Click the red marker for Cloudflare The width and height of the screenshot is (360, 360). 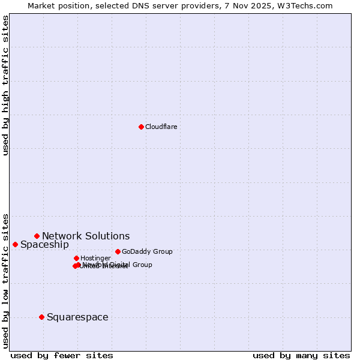[x=141, y=127]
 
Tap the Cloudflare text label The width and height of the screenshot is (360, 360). [x=161, y=127]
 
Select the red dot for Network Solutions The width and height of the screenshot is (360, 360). [x=37, y=236]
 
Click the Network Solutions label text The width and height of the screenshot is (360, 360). [x=86, y=236]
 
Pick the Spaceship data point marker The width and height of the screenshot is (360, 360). [x=15, y=244]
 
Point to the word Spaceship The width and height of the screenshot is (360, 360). [x=44, y=244]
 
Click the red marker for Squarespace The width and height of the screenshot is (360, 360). [x=41, y=317]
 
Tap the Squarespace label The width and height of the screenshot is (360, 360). [x=77, y=317]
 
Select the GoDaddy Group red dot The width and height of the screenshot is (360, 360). [x=118, y=251]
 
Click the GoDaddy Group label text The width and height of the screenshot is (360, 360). [x=147, y=251]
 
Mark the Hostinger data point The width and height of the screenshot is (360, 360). [x=76, y=258]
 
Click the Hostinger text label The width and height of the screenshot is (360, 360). [x=95, y=258]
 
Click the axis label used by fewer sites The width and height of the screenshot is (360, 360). [x=62, y=355]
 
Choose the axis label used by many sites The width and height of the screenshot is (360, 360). [x=301, y=355]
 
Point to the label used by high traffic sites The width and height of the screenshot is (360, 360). [x=5, y=85]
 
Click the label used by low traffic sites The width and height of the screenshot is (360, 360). [x=5, y=280]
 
